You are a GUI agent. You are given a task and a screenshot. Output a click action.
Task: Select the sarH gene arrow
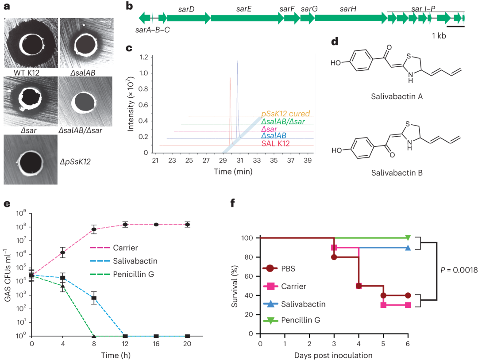click(351, 18)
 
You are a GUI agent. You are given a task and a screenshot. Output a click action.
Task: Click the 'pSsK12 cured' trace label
click(285, 114)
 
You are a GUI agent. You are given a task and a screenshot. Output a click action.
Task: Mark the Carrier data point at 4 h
click(63, 253)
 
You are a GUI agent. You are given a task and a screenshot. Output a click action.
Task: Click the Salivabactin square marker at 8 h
click(94, 298)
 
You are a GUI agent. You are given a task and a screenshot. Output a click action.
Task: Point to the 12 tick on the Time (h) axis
click(125, 344)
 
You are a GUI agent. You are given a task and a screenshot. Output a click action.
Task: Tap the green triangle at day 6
click(408, 238)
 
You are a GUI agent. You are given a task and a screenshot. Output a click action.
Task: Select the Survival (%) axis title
click(235, 285)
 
